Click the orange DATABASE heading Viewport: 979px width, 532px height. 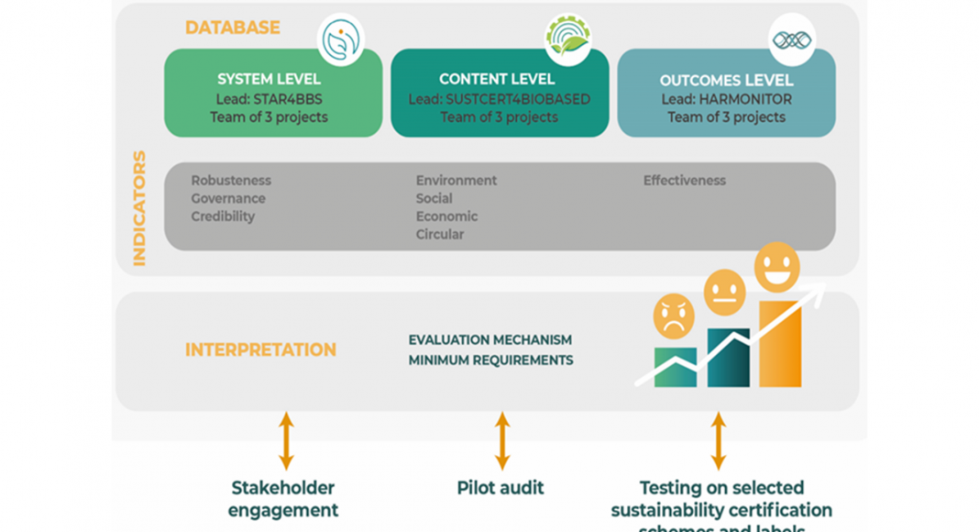coord(232,28)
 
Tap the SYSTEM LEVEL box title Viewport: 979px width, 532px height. coord(269,79)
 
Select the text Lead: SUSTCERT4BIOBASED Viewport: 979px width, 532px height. coord(500,99)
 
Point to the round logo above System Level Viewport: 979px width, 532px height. coord(340,39)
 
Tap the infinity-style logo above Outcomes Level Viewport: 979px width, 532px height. coord(791,39)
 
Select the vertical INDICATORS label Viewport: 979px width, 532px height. coord(139,208)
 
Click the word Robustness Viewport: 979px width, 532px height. coord(231,181)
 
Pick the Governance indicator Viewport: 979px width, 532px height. coord(228,198)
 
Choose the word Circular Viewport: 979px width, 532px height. coord(440,234)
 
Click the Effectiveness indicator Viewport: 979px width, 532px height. coord(684,181)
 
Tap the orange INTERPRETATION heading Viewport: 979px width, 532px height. coord(260,349)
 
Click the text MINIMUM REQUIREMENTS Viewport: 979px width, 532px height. coord(490,360)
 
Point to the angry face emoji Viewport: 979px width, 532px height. coord(674,316)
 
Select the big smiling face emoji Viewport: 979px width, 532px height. coord(776,266)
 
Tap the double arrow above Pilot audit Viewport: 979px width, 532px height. coord(502,440)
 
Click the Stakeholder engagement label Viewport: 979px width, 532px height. coord(283,499)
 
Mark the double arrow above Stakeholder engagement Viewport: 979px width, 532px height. coord(286,440)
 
